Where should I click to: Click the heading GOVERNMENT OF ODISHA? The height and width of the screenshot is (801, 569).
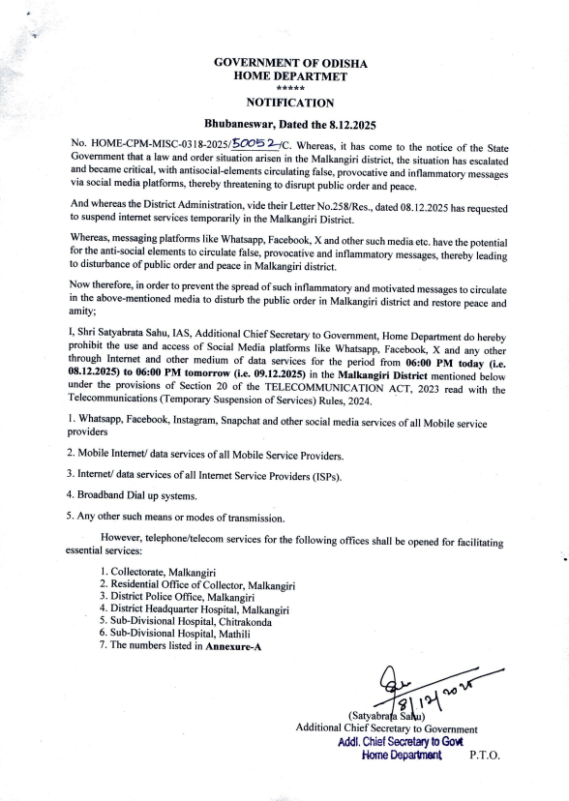[x=290, y=62]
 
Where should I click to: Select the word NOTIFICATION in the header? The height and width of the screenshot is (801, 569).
[x=290, y=103]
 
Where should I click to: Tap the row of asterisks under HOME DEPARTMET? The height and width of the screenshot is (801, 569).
[x=290, y=87]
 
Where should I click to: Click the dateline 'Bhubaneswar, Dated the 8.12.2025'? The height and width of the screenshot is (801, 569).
[x=290, y=125]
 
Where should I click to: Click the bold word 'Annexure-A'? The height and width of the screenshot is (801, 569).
[x=233, y=645]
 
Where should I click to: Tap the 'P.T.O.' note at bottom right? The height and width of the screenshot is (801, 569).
[x=485, y=755]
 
